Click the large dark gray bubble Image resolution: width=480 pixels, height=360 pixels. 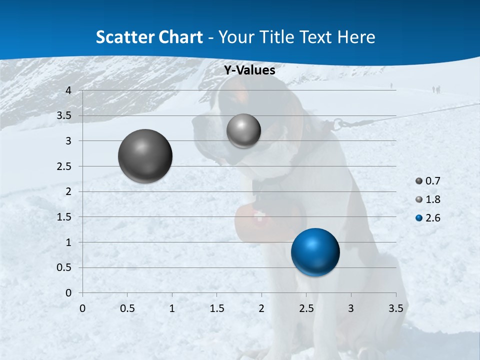click(x=145, y=156)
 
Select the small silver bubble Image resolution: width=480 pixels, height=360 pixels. click(x=243, y=130)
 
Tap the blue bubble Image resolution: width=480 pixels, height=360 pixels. click(x=315, y=252)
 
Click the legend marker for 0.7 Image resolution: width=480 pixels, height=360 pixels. click(x=419, y=181)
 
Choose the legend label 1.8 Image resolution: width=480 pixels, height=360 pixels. click(x=432, y=199)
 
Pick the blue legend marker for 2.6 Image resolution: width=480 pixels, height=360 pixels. click(x=419, y=218)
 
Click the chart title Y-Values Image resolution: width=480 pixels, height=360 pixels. click(x=249, y=70)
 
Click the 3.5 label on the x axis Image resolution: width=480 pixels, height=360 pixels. click(x=395, y=308)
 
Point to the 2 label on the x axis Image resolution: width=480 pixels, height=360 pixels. click(x=261, y=308)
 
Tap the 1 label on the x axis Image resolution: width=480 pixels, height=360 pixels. click(x=172, y=308)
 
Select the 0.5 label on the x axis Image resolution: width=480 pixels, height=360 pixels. click(x=127, y=308)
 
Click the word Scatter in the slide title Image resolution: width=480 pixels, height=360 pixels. click(x=125, y=37)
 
